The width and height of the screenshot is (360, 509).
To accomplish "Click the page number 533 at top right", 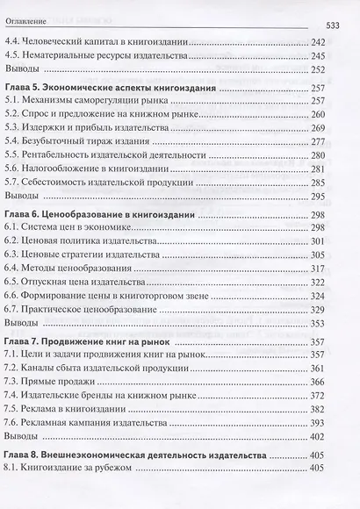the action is (x=338, y=25).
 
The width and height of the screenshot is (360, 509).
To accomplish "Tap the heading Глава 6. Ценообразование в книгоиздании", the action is (x=100, y=214).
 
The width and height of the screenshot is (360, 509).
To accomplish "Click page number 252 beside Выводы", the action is (x=318, y=70).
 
